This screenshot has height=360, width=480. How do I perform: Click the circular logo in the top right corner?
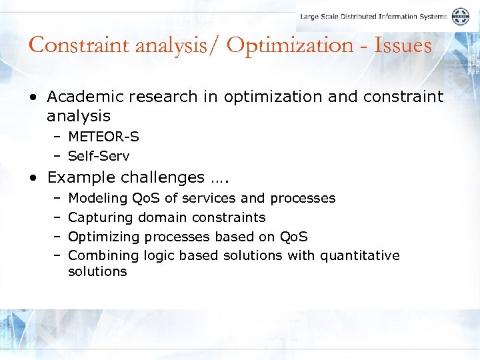coord(460,17)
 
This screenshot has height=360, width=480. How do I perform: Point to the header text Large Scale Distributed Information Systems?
coord(373,17)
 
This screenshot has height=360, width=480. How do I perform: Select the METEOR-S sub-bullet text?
coord(103,137)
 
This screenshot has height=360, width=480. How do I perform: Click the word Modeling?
coord(97,198)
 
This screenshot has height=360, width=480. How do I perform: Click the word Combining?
coord(103,255)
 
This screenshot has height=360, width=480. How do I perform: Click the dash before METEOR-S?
coord(57,137)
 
